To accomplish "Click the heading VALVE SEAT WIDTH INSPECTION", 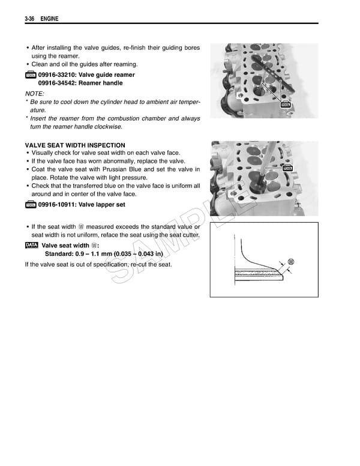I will tap(75, 145).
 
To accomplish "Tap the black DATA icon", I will tap(31, 246).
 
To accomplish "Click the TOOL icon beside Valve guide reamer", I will tap(31, 75).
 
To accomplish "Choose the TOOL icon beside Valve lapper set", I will tap(31, 205).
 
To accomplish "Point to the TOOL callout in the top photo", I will tap(286, 104).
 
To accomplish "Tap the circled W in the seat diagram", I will tap(291, 261).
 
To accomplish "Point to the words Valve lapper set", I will tap(103, 205).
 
